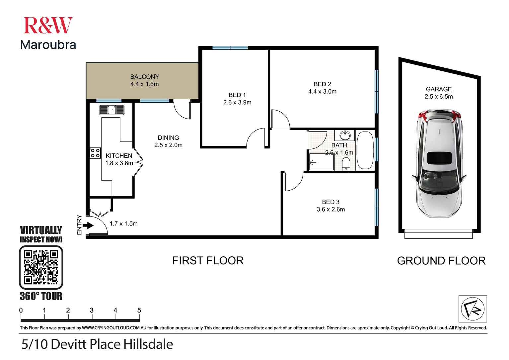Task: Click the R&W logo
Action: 48,26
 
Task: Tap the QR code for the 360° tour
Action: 41,267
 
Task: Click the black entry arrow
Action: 88,226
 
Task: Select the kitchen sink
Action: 111,110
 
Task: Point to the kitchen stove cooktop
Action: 95,153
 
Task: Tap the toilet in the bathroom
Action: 346,164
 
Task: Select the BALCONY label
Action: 144,77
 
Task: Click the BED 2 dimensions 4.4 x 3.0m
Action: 322,92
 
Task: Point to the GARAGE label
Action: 439,89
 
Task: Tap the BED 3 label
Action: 330,202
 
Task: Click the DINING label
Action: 168,137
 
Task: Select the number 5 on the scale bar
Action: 139,310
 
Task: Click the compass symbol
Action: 473,309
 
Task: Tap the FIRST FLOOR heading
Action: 208,261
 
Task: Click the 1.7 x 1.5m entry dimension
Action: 123,224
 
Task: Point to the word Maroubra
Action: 48,45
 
